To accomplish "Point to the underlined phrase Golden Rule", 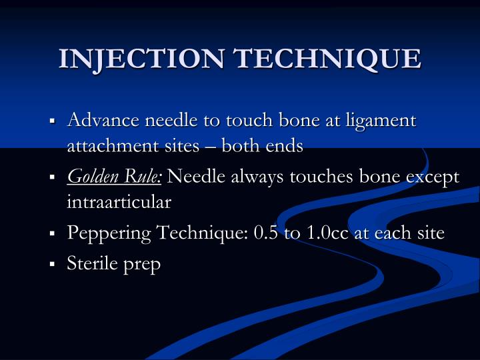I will (x=115, y=177).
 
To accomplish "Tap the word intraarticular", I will (x=119, y=201).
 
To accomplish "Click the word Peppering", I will (x=109, y=234).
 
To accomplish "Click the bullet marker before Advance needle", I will (x=52, y=122).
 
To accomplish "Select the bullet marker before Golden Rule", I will (x=52, y=178).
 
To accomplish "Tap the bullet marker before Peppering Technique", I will (x=52, y=235).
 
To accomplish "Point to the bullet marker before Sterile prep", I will (x=52, y=265).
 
